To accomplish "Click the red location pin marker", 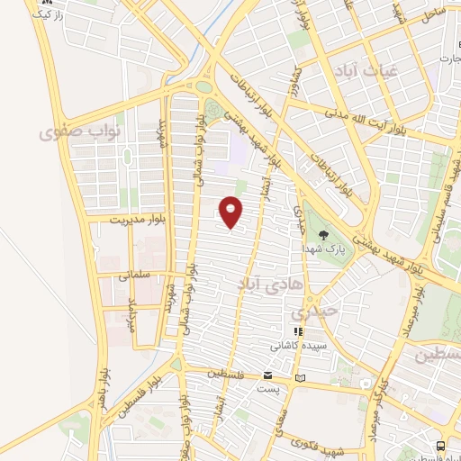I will (231, 212).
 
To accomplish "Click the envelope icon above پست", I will (267, 374).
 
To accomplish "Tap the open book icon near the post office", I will (300, 376).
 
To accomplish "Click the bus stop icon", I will (439, 446).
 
